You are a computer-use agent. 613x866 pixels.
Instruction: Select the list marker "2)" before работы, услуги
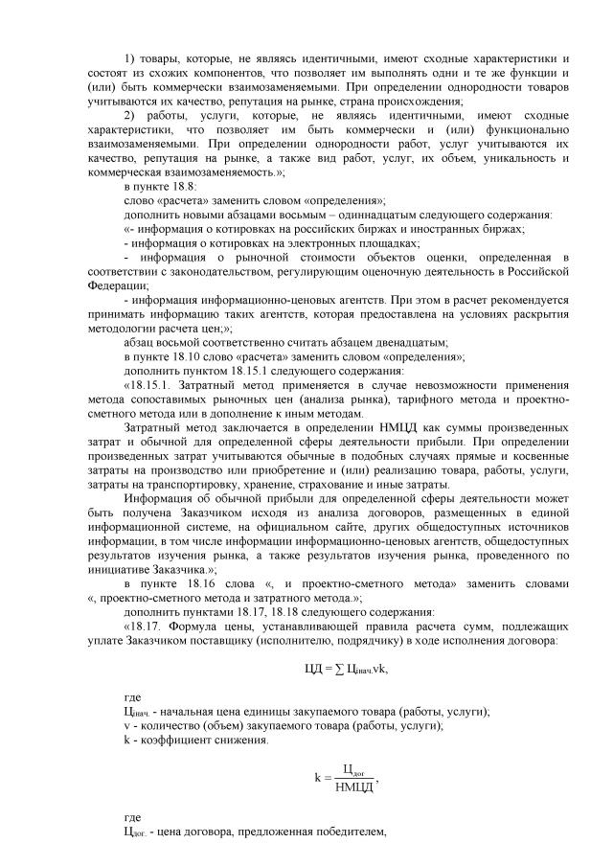pyautogui.click(x=131, y=116)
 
